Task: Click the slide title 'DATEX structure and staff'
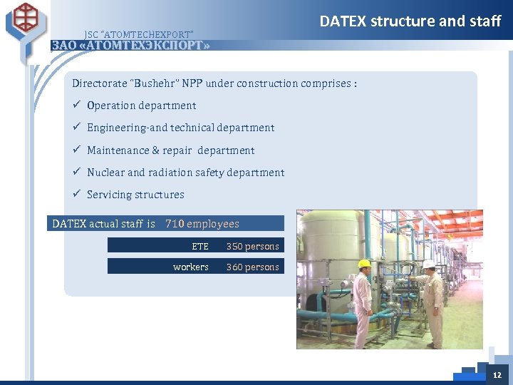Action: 410,21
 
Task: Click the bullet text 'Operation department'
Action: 141,106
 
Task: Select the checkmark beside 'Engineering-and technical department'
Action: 76,128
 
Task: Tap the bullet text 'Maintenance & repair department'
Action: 170,150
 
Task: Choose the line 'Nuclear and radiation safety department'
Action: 185,173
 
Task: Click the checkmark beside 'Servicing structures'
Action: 76,195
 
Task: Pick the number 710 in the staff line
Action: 175,224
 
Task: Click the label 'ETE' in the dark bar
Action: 200,246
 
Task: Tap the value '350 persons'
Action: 252,246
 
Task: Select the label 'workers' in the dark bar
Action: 190,267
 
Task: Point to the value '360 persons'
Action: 252,267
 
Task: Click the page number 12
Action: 497,375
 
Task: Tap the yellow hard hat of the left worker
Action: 364,264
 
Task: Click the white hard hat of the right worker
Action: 428,264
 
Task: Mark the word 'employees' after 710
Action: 213,224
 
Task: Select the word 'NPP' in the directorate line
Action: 192,83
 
